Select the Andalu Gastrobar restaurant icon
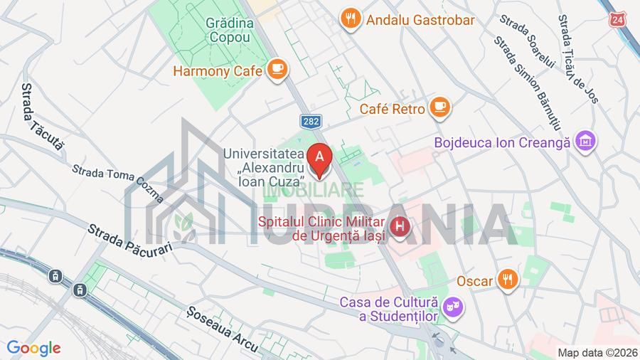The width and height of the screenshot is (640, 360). [x=349, y=19]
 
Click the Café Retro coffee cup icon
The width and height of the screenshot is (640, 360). [x=440, y=108]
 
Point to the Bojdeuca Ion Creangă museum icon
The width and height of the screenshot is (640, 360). [x=586, y=142]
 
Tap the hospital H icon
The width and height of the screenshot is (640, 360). [x=401, y=227]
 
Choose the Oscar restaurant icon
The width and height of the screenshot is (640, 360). [x=506, y=280]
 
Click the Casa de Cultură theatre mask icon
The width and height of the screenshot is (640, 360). [x=450, y=308]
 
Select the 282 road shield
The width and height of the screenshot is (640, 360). [x=309, y=122]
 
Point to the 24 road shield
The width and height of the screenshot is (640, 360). [x=617, y=19]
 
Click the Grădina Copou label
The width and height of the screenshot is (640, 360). [x=229, y=29]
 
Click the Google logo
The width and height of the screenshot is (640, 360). [x=33, y=348]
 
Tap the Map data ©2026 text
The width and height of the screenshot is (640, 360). [x=596, y=352]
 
